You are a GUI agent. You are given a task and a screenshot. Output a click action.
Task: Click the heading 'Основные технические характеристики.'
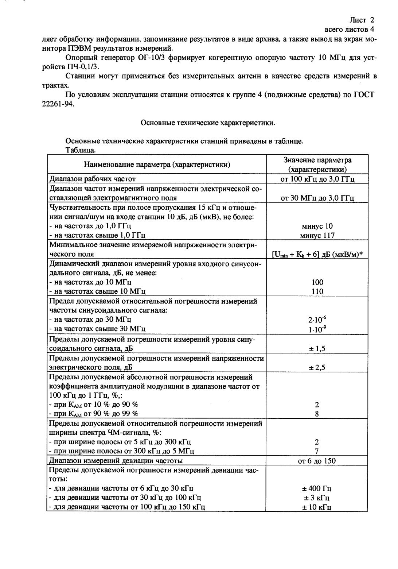[x=208, y=123]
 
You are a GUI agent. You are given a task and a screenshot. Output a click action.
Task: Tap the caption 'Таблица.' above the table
[x=81, y=150]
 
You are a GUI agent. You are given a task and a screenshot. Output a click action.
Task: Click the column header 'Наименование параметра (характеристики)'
[x=157, y=164]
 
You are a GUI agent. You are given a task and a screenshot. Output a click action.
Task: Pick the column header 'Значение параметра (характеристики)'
[x=317, y=164]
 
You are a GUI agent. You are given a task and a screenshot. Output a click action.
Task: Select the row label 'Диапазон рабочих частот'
[x=93, y=179]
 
